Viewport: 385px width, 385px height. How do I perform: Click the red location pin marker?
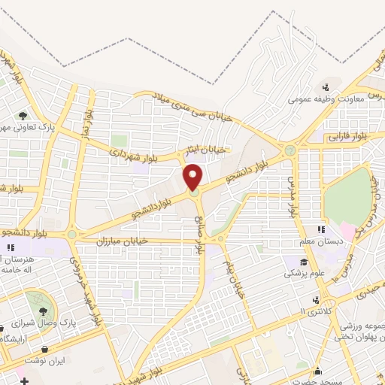click(194, 177)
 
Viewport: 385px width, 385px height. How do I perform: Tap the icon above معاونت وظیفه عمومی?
click(325, 87)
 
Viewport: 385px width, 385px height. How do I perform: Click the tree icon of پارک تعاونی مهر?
click(23, 116)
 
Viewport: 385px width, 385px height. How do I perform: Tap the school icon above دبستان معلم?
click(321, 229)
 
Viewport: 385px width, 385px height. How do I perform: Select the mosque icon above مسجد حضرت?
click(318, 370)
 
